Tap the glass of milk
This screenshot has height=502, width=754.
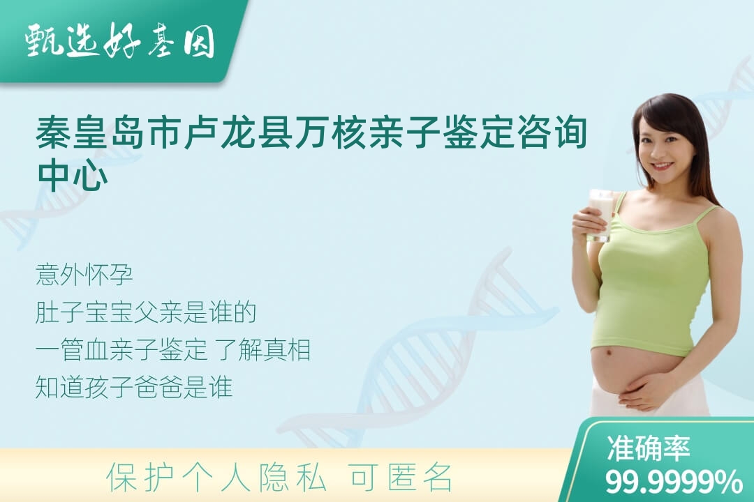coord(601,214)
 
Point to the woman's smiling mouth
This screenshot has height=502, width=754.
coord(662,166)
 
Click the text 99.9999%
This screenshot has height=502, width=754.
coord(673,481)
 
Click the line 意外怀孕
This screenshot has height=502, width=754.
coord(84,275)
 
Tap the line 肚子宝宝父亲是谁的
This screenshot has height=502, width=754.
coord(145,312)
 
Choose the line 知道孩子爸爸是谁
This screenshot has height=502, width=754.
coord(133,387)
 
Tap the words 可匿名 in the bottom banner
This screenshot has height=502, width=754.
coord(401,478)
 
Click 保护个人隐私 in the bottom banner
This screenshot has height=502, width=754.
coord(216,478)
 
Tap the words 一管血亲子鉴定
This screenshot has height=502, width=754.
coord(121,350)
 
